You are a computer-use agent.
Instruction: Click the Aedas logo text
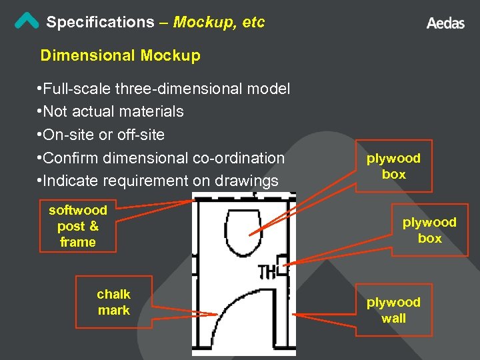445,23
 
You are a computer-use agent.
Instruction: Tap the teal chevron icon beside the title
27,21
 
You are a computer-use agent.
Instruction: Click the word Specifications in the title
100,22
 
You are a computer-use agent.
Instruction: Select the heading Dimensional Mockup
120,55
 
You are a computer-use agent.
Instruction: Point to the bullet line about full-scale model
164,88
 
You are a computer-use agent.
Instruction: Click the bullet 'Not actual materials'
111,111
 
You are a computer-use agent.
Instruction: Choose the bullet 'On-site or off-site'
101,135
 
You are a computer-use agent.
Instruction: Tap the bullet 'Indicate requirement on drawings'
158,181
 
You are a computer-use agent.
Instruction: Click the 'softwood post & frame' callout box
78,226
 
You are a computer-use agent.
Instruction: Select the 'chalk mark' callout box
114,302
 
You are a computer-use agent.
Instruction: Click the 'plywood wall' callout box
393,310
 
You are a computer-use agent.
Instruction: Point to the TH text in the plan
267,271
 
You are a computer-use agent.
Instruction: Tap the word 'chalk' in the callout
114,294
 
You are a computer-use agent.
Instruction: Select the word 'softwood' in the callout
78,210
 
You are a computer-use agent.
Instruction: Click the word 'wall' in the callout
393,318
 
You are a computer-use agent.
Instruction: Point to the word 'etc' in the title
254,22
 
